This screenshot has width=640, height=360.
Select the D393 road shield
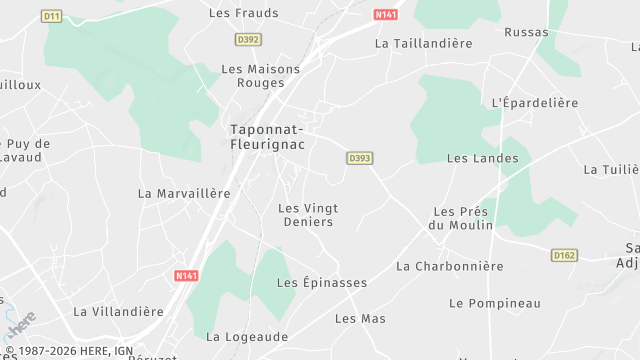pos(360,158)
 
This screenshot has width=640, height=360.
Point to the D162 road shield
pos(564,256)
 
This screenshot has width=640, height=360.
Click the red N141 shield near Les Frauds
pos(385,15)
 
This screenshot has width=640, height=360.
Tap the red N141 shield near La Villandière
pos(186,275)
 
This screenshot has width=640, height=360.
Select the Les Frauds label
pos(243,13)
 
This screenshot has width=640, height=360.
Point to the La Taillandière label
pos(422,44)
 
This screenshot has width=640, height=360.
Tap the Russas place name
pos(526,33)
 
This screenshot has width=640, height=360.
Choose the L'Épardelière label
pos(535,103)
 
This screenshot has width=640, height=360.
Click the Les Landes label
pos(482,158)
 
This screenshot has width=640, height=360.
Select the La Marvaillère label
pos(184,193)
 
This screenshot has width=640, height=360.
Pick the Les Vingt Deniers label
pos(307,215)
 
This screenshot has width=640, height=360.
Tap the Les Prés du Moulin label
pos(463,218)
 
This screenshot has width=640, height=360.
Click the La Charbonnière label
pos(449,266)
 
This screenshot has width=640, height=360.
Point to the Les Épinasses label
pos(321,283)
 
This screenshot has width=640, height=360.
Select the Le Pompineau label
pos(494,303)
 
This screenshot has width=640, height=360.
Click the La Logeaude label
pos(247,337)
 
